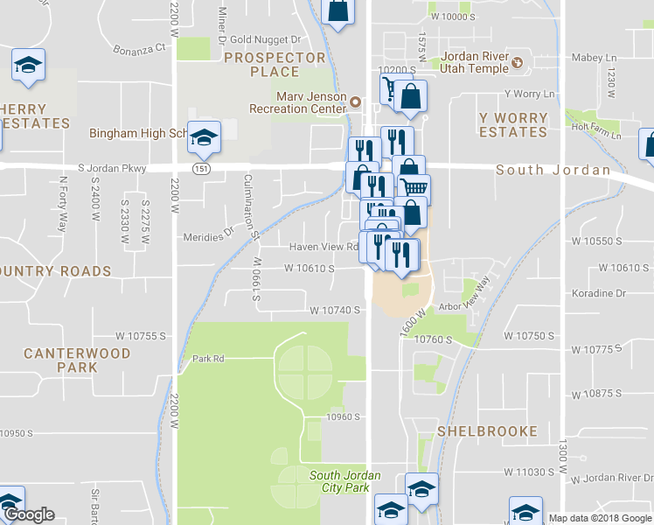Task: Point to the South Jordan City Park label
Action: click(x=344, y=481)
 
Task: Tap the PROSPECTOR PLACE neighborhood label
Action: click(x=274, y=65)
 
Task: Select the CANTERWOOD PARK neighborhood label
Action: click(x=77, y=360)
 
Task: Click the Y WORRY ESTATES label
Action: click(x=513, y=124)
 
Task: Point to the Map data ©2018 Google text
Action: click(x=599, y=518)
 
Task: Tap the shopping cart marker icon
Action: click(x=415, y=187)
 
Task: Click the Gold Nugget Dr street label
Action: click(x=265, y=40)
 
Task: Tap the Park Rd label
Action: click(x=208, y=359)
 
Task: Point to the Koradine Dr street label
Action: click(x=599, y=293)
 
